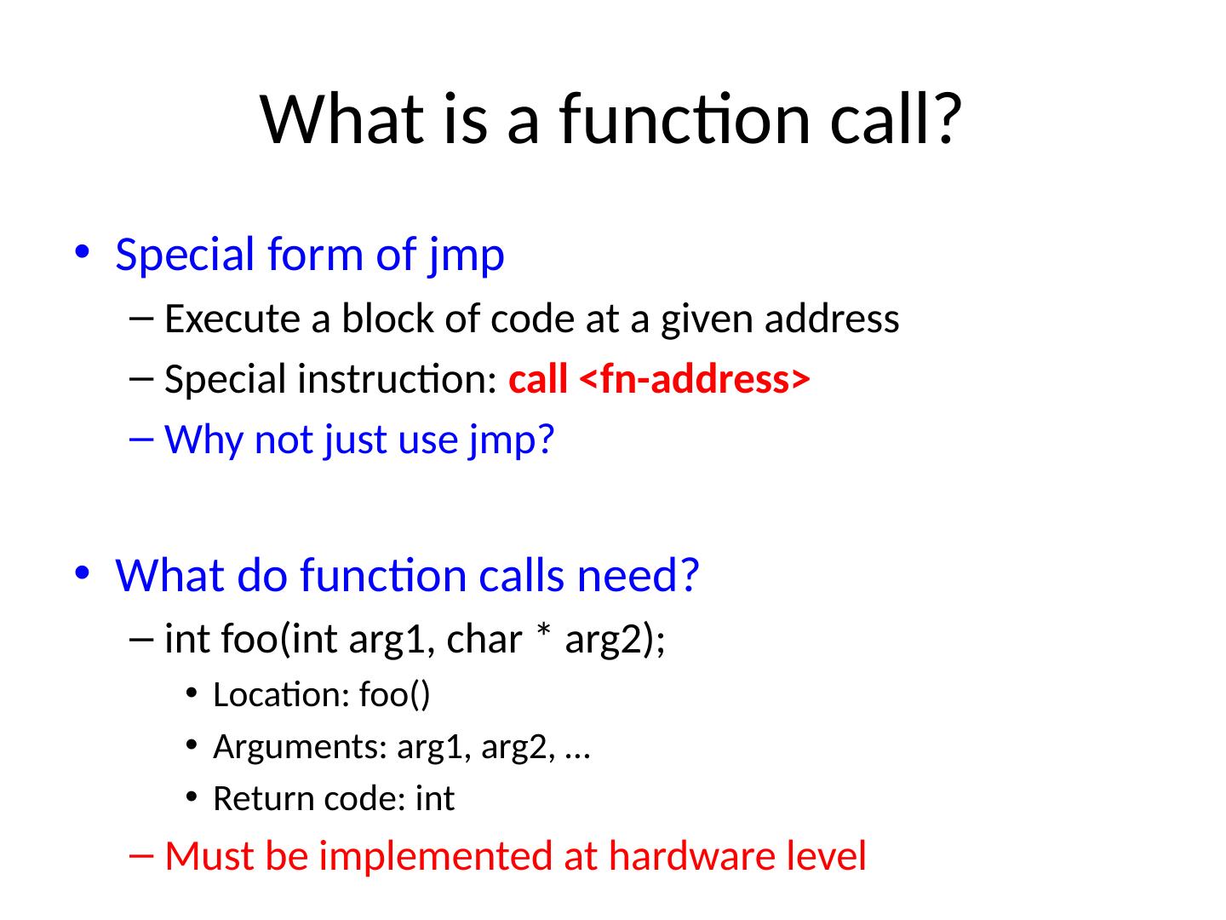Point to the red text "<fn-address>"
click(x=693, y=380)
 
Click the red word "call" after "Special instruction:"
click(x=538, y=380)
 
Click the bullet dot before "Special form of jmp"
click(x=82, y=255)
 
